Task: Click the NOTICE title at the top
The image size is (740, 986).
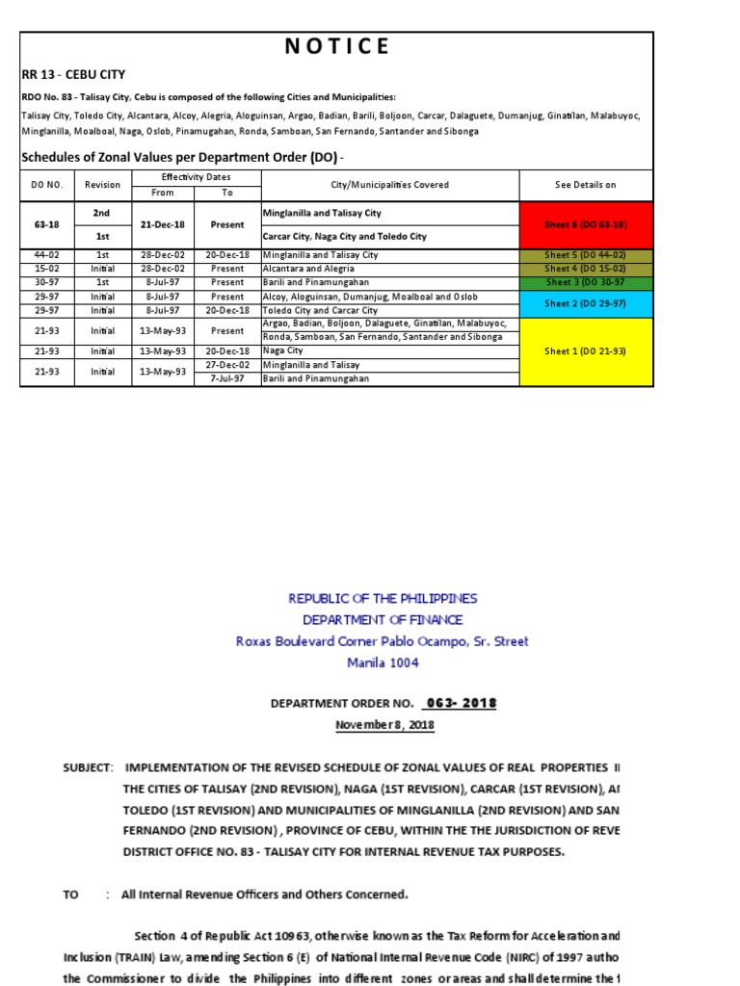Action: [x=336, y=46]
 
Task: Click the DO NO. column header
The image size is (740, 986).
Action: [x=47, y=185]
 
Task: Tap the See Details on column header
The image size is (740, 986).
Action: [x=585, y=185]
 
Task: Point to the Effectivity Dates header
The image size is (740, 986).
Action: [x=196, y=177]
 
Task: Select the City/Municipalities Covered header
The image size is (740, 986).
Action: [x=390, y=185]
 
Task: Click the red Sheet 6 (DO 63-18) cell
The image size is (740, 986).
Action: [x=585, y=224]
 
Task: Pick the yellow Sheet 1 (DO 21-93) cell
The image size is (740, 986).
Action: [x=585, y=351]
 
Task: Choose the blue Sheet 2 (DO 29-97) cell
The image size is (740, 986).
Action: [x=585, y=303]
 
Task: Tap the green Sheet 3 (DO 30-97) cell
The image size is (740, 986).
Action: [x=585, y=282]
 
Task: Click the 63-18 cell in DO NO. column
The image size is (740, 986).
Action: [x=47, y=224]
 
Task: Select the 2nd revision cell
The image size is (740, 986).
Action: [x=102, y=212]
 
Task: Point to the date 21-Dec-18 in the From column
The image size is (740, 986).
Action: [x=163, y=224]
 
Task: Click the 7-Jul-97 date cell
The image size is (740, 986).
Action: [x=227, y=378]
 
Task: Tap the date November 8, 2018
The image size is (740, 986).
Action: [x=384, y=724]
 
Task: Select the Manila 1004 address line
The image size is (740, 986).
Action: [x=383, y=662]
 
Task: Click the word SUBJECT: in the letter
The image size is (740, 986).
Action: [x=88, y=767]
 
